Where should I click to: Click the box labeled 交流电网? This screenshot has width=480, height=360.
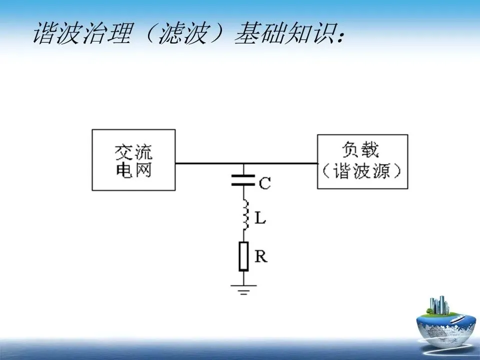click(133, 159)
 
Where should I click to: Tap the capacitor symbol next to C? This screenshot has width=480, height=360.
click(243, 180)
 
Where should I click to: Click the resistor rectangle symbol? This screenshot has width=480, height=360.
click(243, 256)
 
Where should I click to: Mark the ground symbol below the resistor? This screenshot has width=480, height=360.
click(243, 289)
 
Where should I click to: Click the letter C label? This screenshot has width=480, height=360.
click(264, 184)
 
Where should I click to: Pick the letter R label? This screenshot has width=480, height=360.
click(260, 257)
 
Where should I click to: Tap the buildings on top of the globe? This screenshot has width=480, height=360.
click(437, 305)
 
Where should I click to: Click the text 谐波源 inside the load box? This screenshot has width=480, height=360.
click(362, 171)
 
